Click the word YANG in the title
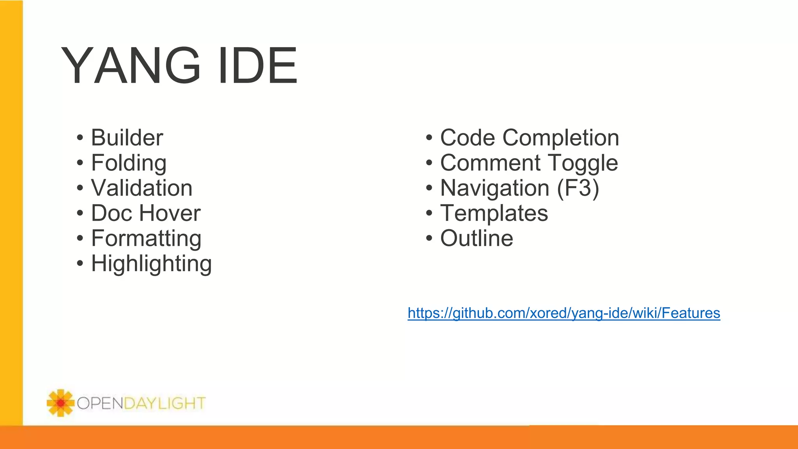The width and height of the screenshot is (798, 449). (x=131, y=65)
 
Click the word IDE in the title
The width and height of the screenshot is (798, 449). (x=258, y=65)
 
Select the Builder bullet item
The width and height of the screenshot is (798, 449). (x=127, y=138)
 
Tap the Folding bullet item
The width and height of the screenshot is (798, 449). (x=129, y=163)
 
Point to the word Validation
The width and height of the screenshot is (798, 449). (x=142, y=188)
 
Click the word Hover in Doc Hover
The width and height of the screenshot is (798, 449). (x=170, y=213)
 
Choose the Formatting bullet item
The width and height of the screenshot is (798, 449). (x=146, y=239)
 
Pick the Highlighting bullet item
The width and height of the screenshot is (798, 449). (x=151, y=264)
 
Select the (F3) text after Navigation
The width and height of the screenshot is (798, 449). (x=578, y=188)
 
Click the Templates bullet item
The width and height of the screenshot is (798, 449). (x=494, y=213)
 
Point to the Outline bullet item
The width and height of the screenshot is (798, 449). (x=477, y=239)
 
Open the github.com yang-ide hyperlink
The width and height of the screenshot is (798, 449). (x=564, y=313)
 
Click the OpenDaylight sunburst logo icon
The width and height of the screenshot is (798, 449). (x=60, y=403)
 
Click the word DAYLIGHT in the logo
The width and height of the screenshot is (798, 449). (x=164, y=403)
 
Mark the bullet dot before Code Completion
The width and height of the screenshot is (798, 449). (x=429, y=138)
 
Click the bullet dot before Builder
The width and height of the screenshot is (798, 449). (x=80, y=138)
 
